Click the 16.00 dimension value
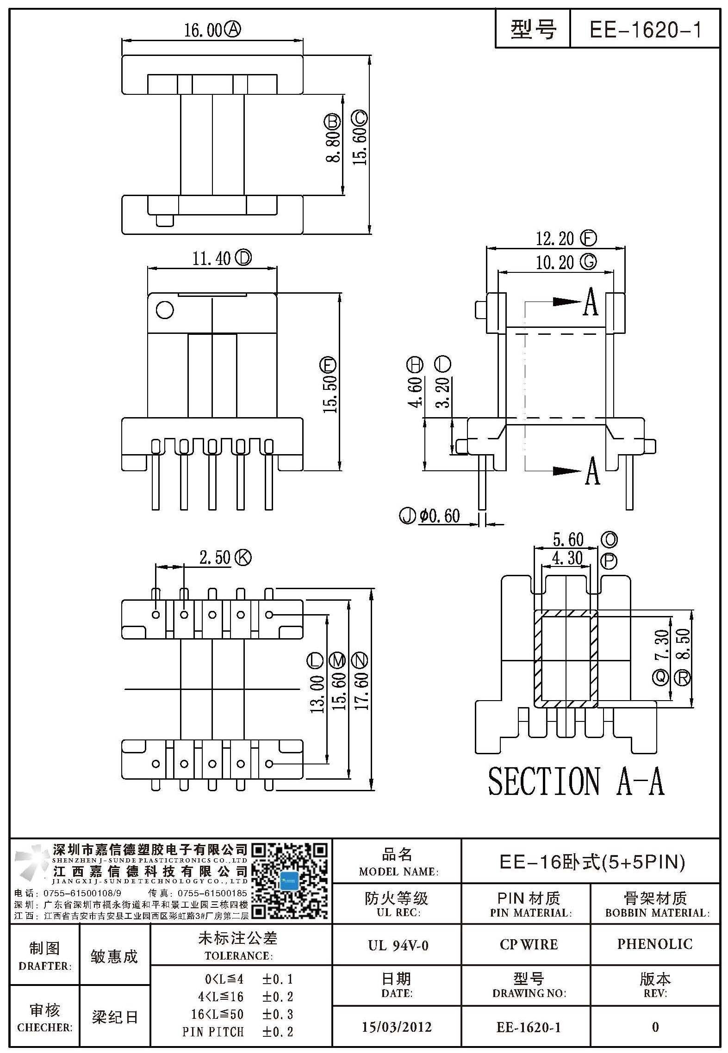(204, 31)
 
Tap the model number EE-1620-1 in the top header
(646, 30)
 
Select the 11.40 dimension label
(212, 259)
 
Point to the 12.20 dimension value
(554, 239)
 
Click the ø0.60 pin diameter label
(440, 516)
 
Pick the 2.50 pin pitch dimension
(215, 557)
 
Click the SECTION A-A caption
(576, 781)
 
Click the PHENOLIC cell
(655, 944)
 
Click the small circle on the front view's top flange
(165, 310)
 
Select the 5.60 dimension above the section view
(568, 540)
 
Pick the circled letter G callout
(588, 262)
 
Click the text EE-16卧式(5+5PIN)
(592, 862)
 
